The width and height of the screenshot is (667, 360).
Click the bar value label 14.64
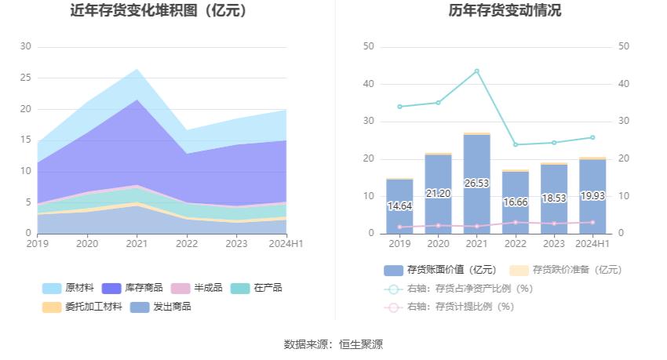coord(399,206)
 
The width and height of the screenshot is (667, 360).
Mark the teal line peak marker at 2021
coord(476,71)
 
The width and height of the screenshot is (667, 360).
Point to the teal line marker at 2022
coord(515,144)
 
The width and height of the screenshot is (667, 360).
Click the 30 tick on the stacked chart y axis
coord(26,46)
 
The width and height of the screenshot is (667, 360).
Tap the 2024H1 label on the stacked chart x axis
coord(286,244)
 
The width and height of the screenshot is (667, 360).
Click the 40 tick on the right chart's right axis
coord(625,84)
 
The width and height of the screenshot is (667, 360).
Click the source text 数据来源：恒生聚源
coord(333,344)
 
